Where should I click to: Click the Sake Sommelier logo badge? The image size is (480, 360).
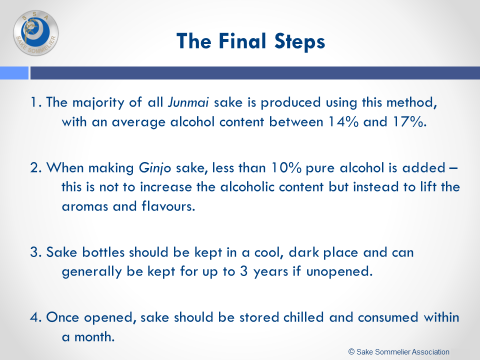pos(36,33)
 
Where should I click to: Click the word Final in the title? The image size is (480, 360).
pos(242,41)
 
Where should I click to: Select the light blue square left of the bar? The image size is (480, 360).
pos(14,73)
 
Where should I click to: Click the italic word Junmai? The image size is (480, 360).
pos(188,102)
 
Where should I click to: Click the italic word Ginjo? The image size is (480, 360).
pos(155,168)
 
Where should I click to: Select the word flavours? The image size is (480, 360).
pos(168,206)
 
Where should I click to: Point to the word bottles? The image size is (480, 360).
pos(103,252)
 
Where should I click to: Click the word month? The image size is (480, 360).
pos(94,336)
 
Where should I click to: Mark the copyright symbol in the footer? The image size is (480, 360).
pos(351,352)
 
